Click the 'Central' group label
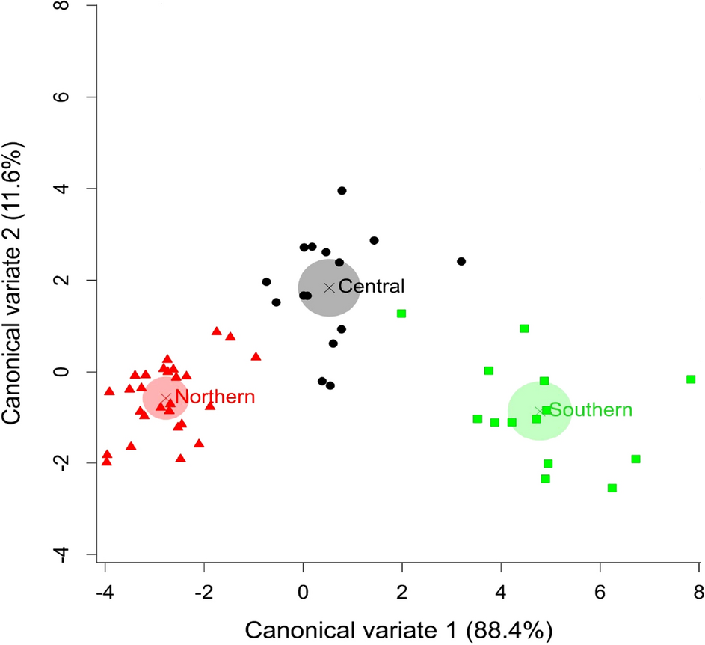371,286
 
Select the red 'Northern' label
215,397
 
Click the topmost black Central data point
342,191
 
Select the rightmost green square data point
691,379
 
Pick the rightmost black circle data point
461,261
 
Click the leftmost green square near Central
401,314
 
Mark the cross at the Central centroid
329,287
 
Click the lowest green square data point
612,488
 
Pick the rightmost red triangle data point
256,357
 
